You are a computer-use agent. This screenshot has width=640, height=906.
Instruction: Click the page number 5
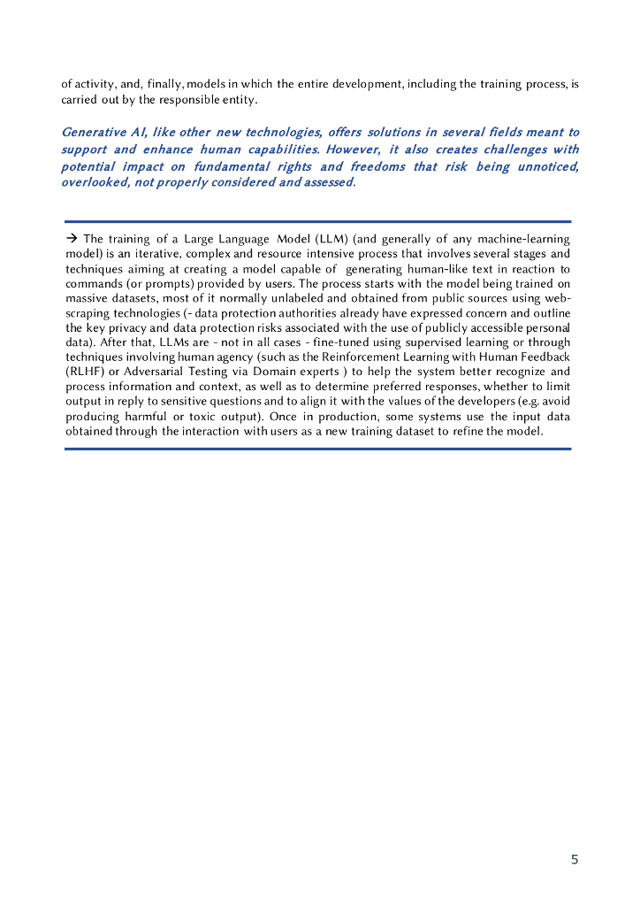tap(575, 859)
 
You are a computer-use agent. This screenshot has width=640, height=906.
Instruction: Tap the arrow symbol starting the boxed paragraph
tap(72, 239)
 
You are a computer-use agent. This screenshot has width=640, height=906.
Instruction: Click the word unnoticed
tap(547, 166)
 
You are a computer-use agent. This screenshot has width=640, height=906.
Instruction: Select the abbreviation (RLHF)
tap(86, 372)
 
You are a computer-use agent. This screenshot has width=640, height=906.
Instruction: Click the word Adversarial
tap(157, 372)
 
